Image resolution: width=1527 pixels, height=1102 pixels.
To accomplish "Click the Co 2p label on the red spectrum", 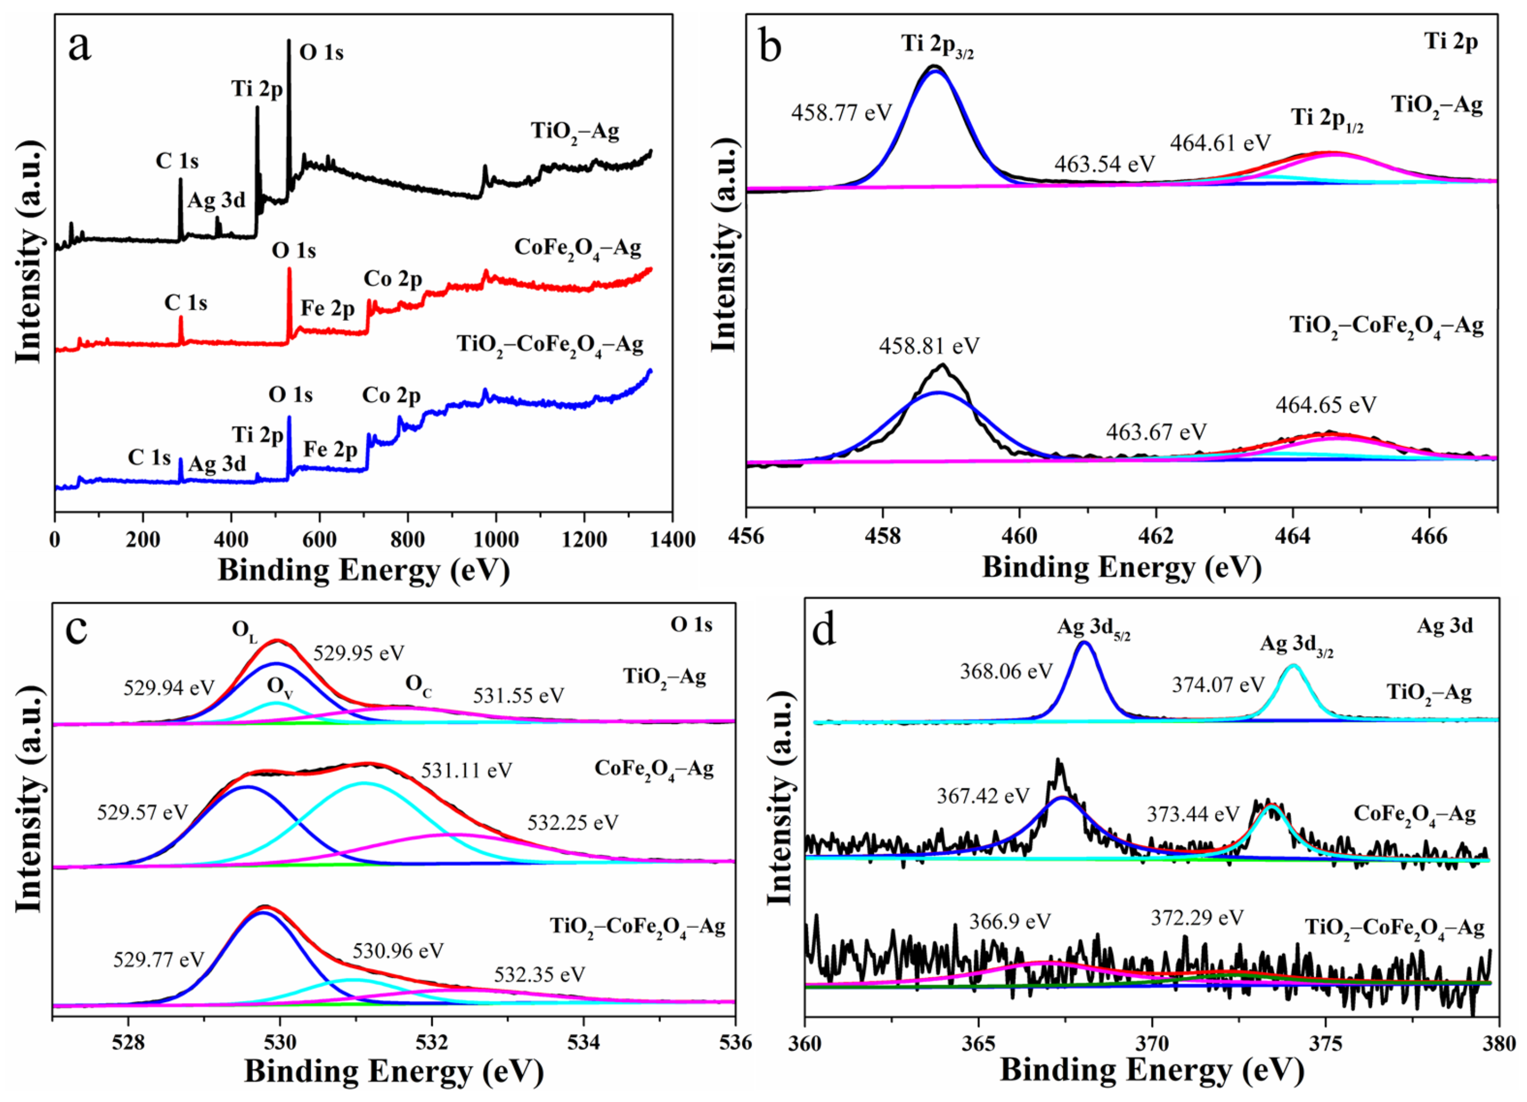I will click(393, 279).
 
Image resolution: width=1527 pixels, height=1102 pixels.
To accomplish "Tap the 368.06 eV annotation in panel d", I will click(1006, 671).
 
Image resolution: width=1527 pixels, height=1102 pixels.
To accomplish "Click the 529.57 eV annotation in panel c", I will click(142, 812).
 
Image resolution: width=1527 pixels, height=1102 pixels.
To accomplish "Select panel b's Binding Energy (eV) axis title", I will click(1121, 568).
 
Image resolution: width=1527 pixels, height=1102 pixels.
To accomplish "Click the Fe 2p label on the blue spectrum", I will click(330, 450).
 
